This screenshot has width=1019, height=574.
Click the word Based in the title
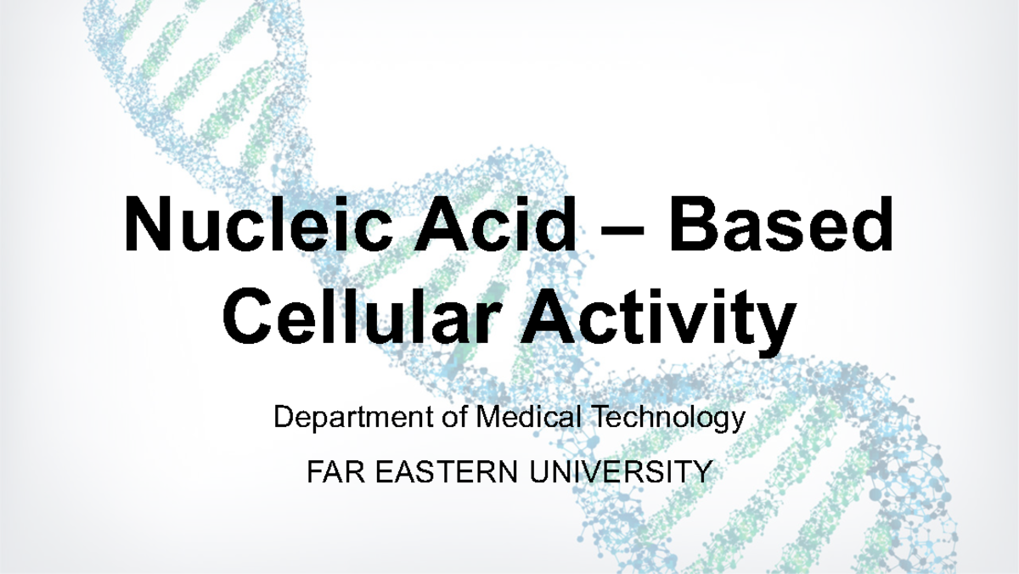pyautogui.click(x=780, y=225)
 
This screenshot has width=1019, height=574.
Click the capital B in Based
pyautogui.click(x=696, y=225)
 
